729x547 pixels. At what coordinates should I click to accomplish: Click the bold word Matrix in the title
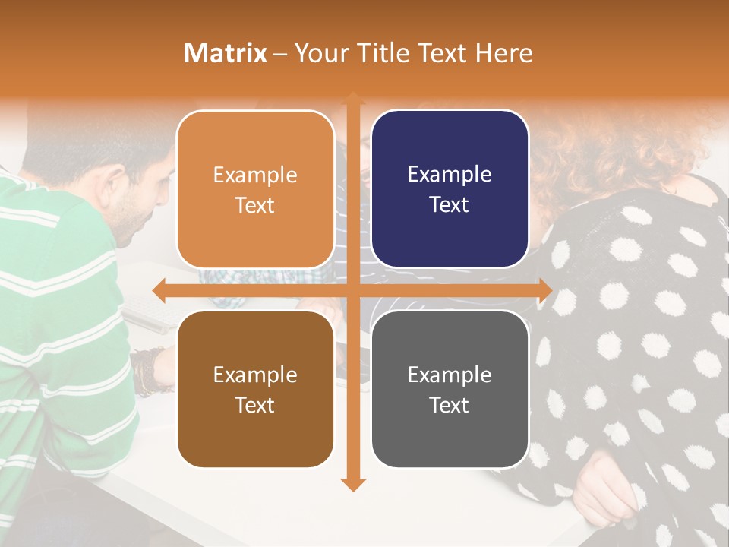(x=226, y=53)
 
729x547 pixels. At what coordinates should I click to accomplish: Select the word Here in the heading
(x=504, y=53)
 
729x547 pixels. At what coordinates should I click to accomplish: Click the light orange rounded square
(x=255, y=190)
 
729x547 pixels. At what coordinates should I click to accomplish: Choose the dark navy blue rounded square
(x=450, y=190)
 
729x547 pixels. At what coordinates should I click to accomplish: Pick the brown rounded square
(x=255, y=389)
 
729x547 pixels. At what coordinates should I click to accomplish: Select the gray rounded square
(x=450, y=389)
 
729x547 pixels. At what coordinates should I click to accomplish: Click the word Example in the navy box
(x=450, y=175)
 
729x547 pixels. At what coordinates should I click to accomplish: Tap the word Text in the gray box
(x=450, y=406)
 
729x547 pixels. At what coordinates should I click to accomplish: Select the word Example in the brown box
(x=255, y=375)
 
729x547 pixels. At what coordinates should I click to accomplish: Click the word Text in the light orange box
(x=255, y=206)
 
